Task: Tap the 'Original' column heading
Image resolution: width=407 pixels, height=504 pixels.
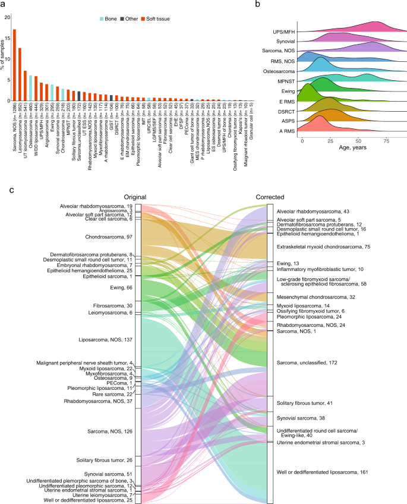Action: (135, 197)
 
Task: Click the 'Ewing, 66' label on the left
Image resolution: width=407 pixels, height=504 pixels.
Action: (121, 286)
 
